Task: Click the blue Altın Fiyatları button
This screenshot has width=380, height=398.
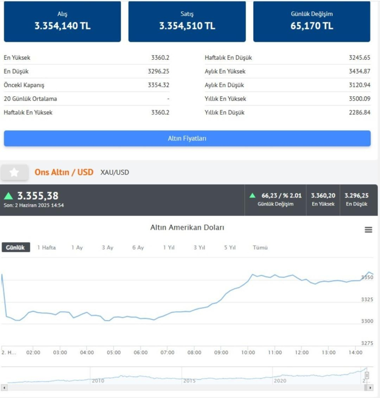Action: (187, 138)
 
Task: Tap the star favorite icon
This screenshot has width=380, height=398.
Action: (14, 172)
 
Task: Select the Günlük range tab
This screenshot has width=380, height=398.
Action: (16, 248)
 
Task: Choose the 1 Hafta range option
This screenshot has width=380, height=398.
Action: (47, 248)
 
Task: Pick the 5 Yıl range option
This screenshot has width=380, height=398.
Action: (230, 248)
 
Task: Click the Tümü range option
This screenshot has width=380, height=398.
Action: (260, 248)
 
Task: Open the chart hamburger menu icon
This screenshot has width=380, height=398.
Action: (368, 230)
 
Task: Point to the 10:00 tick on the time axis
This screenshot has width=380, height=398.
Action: (248, 352)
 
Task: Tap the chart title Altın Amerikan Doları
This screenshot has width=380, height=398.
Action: (187, 228)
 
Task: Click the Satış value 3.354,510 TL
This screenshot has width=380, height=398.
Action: (187, 26)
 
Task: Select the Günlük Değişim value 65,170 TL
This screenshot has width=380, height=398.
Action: (312, 26)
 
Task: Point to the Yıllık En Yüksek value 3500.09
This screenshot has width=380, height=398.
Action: (359, 99)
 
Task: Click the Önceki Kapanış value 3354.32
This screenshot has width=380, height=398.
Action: (159, 85)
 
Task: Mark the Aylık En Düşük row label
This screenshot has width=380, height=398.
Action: (224, 85)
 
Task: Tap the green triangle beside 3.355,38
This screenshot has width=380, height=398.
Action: (9, 195)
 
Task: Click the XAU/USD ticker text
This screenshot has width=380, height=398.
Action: (115, 172)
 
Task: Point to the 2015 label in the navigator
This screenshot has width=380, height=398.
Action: (189, 380)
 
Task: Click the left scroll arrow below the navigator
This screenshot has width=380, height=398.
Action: (4, 387)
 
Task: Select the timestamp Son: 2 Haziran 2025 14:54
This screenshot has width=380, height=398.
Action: (34, 205)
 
